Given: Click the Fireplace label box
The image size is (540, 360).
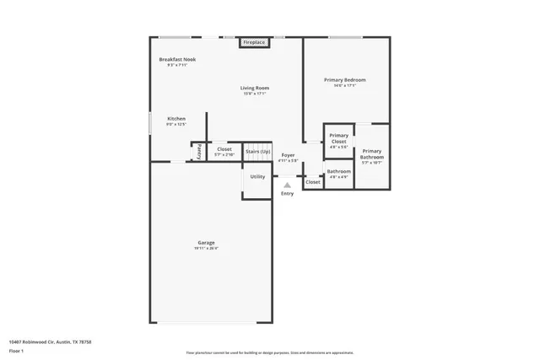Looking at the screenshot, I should coord(254,42).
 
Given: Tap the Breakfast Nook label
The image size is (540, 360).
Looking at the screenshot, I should coord(177,60).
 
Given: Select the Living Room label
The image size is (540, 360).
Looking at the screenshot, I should coord(254,88).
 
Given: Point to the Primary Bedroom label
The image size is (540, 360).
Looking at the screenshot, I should coord(344,80).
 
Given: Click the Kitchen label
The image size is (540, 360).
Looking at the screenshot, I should coord(176,119).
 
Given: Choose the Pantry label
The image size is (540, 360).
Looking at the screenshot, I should coord(198,152).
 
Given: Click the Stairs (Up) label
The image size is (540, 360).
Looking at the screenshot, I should coord(258,152).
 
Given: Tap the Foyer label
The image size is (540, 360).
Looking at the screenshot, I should coord(289,155).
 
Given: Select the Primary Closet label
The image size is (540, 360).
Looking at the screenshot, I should coord(339,138).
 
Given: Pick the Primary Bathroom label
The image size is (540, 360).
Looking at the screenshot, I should coord(372,154).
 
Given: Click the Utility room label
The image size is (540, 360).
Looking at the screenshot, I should coord(257,176).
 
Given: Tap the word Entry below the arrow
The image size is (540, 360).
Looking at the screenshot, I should coord(288,194).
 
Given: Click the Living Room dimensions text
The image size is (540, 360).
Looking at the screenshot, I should coord(254,94).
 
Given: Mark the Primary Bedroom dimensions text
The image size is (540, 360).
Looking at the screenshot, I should coord(344,86).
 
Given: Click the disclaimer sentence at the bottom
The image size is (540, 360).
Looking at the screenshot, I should coord(270,352).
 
